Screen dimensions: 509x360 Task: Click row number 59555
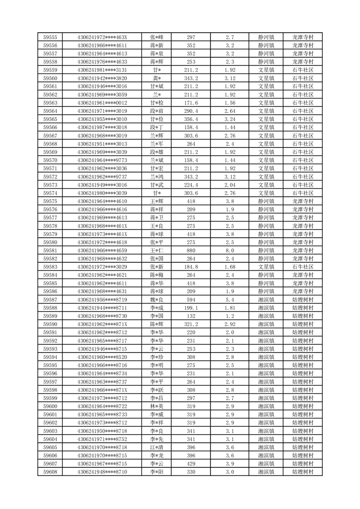point(50,37)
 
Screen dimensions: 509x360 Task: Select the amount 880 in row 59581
point(191,250)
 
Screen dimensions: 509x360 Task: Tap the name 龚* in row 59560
point(157,78)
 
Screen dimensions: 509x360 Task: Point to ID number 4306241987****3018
point(102,127)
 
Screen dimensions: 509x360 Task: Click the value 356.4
point(191,119)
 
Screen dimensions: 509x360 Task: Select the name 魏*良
point(157,300)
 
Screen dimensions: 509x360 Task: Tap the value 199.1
point(191,308)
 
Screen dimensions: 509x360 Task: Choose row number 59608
point(50,472)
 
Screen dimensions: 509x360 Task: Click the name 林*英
point(157,406)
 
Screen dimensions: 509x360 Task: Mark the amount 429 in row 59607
point(191,464)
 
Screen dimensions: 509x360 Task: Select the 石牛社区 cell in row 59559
point(303,70)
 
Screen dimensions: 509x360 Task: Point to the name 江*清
point(157,447)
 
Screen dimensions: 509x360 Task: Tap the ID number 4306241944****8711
point(102,308)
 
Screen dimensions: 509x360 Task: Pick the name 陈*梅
point(157,275)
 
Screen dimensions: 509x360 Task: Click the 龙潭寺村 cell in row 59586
point(303,291)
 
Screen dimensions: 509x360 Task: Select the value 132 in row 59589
point(191,316)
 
